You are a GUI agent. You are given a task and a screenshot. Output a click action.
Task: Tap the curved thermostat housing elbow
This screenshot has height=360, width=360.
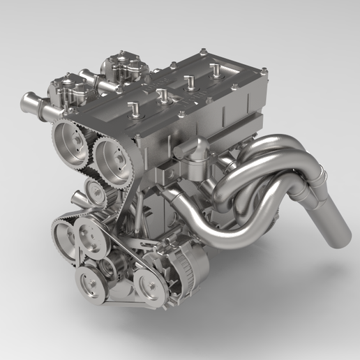195,150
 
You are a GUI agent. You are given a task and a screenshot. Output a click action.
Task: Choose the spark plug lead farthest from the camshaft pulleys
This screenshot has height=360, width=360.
216,69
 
